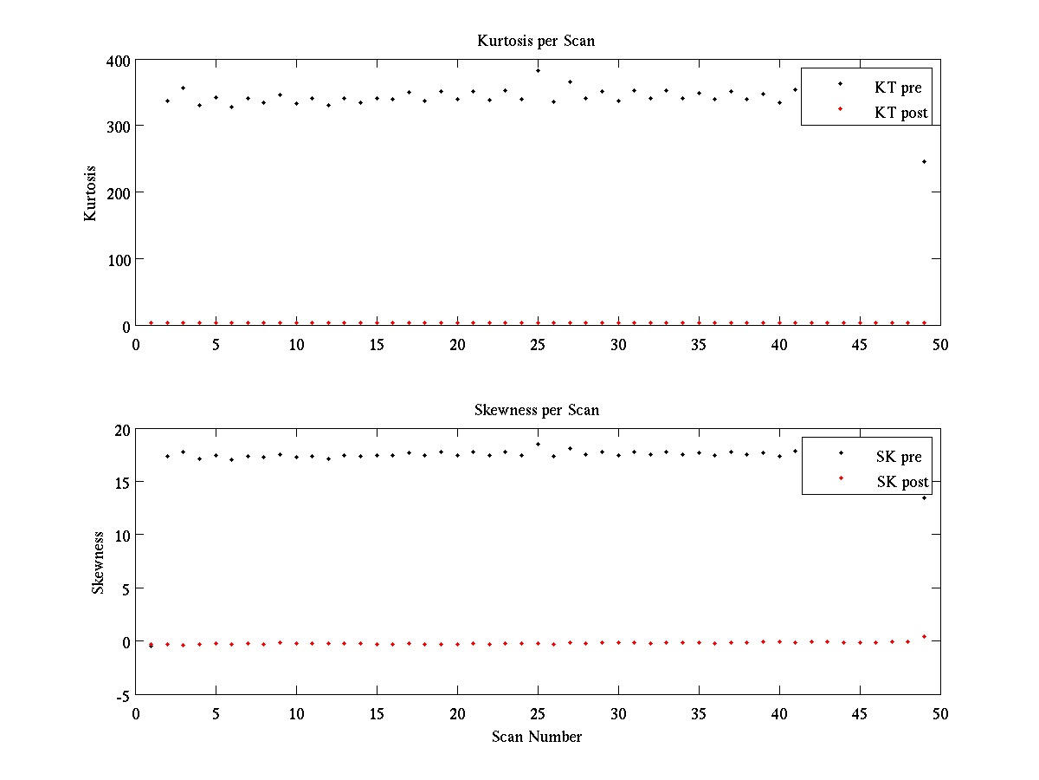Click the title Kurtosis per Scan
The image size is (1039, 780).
(x=536, y=41)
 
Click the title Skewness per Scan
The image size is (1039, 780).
(x=536, y=410)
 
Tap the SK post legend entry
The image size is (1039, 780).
(x=901, y=482)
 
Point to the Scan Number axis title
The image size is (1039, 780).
(x=537, y=738)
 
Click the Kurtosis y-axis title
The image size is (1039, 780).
(x=90, y=193)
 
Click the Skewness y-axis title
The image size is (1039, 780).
(x=98, y=562)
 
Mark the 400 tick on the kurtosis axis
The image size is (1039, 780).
(x=119, y=61)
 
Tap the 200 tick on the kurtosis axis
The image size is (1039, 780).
(x=119, y=193)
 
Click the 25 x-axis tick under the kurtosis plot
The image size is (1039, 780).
(x=538, y=344)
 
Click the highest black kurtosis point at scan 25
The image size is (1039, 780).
(x=538, y=70)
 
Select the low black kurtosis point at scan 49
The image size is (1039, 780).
(x=924, y=162)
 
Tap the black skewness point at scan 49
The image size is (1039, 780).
(x=924, y=497)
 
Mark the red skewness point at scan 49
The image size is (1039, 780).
(x=924, y=637)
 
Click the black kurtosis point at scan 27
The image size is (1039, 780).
(x=570, y=82)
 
